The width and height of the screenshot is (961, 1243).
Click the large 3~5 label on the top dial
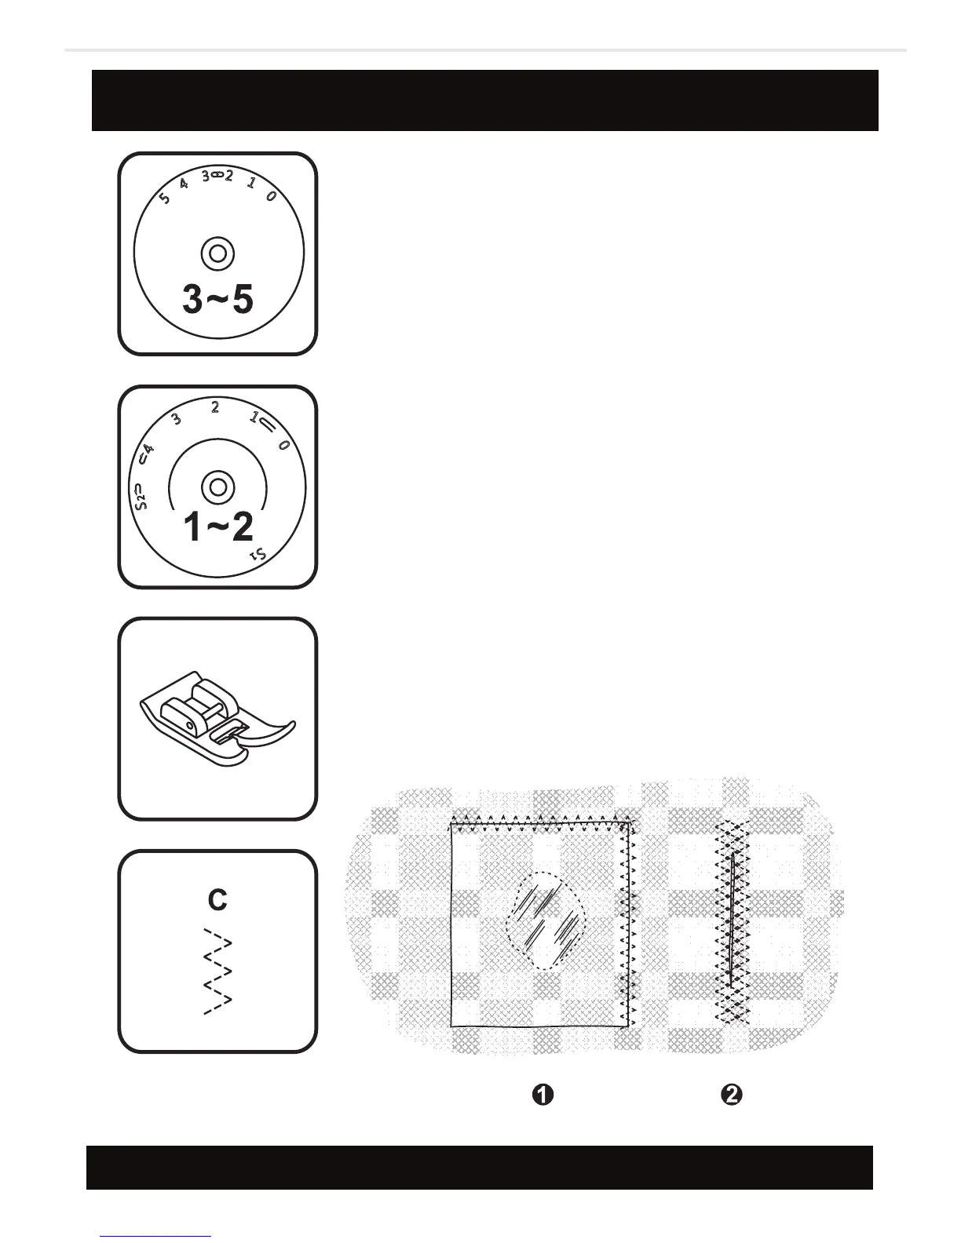(217, 299)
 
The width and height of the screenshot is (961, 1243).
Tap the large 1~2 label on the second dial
(217, 527)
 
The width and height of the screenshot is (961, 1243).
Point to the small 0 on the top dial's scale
(270, 197)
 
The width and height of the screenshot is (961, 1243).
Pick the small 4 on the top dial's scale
(184, 184)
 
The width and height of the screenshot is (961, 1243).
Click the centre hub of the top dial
(217, 253)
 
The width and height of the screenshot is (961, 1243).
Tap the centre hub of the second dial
(217, 486)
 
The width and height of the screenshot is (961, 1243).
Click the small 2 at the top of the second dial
(214, 406)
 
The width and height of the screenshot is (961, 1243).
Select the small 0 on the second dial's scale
(283, 446)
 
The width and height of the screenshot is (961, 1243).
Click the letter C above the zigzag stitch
(217, 900)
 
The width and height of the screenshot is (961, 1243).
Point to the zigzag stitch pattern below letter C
(217, 971)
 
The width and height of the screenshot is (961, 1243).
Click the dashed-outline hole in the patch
(547, 920)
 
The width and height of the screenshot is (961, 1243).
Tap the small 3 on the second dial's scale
(177, 419)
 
